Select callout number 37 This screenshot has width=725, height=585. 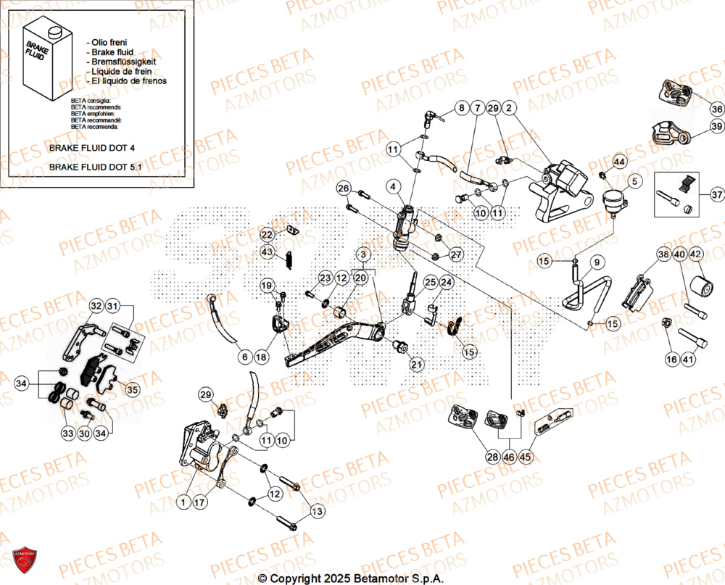[716, 195]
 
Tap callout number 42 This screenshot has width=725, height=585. [695, 254]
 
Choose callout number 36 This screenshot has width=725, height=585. [716, 109]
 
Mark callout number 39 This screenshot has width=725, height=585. [716, 128]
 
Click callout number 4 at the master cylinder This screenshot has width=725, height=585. [393, 188]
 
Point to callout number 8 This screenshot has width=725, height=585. [460, 109]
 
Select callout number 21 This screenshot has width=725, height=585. [416, 364]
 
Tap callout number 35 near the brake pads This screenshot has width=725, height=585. [131, 389]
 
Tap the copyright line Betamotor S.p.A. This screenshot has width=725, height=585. [351, 578]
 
